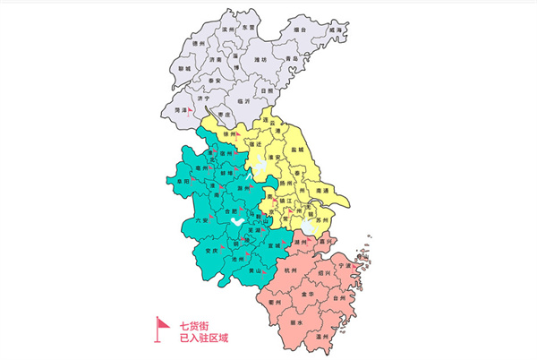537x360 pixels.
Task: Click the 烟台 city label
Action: coord(299,30)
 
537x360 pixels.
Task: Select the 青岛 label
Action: coord(290,58)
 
